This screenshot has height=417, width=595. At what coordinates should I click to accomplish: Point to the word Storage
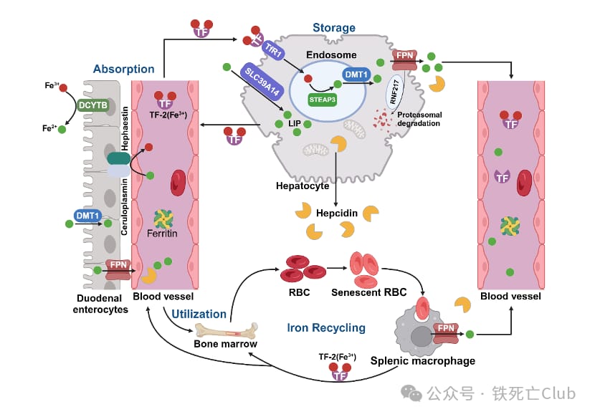333,28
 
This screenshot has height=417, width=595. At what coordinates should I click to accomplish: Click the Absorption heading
123,69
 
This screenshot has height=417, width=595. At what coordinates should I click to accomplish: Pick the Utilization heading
199,314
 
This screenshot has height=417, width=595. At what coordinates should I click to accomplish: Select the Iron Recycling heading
326,327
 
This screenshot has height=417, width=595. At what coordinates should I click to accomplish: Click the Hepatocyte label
303,186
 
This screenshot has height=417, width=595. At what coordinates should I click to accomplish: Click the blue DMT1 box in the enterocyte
87,215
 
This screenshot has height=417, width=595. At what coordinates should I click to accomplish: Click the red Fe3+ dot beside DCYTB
64,87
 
